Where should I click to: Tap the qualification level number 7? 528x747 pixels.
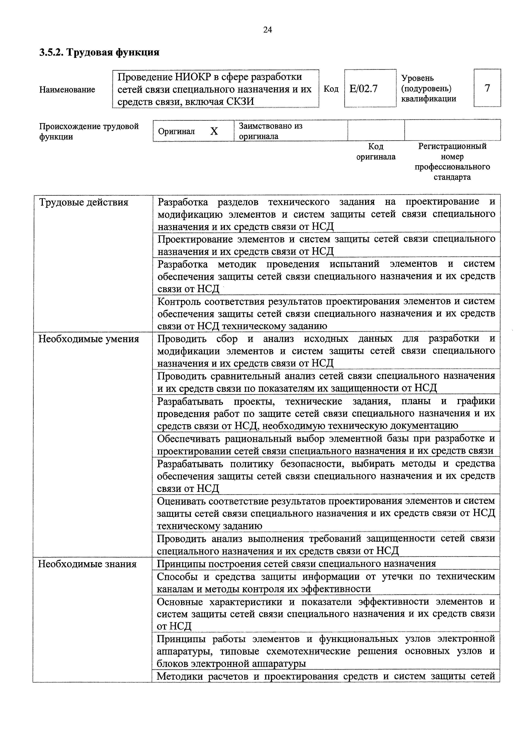tap(487, 88)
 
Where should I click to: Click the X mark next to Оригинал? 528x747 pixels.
tap(214, 131)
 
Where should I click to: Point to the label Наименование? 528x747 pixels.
tap(67, 89)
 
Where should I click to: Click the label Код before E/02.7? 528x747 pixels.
tap(331, 89)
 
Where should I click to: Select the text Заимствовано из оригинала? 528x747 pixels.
tap(271, 131)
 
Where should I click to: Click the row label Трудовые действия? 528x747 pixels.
tap(84, 202)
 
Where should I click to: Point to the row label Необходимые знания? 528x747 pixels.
tap(87, 564)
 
